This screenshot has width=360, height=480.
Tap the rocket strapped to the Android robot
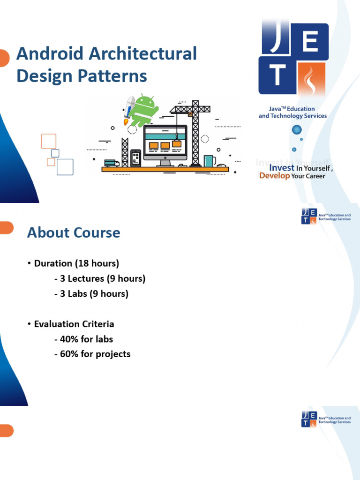(129, 109)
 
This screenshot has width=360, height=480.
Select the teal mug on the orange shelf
(209, 161)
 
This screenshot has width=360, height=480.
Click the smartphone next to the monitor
(135, 158)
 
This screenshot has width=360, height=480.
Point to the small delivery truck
(111, 163)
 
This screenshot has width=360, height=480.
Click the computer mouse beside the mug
(222, 165)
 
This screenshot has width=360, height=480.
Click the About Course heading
(74, 232)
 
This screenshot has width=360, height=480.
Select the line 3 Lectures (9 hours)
(100, 278)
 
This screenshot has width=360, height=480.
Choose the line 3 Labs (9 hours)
(91, 294)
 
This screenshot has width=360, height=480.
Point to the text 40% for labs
(84, 339)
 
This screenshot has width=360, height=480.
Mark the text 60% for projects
(92, 354)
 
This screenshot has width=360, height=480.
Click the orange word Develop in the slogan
(274, 176)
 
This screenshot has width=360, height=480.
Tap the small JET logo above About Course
(309, 217)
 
